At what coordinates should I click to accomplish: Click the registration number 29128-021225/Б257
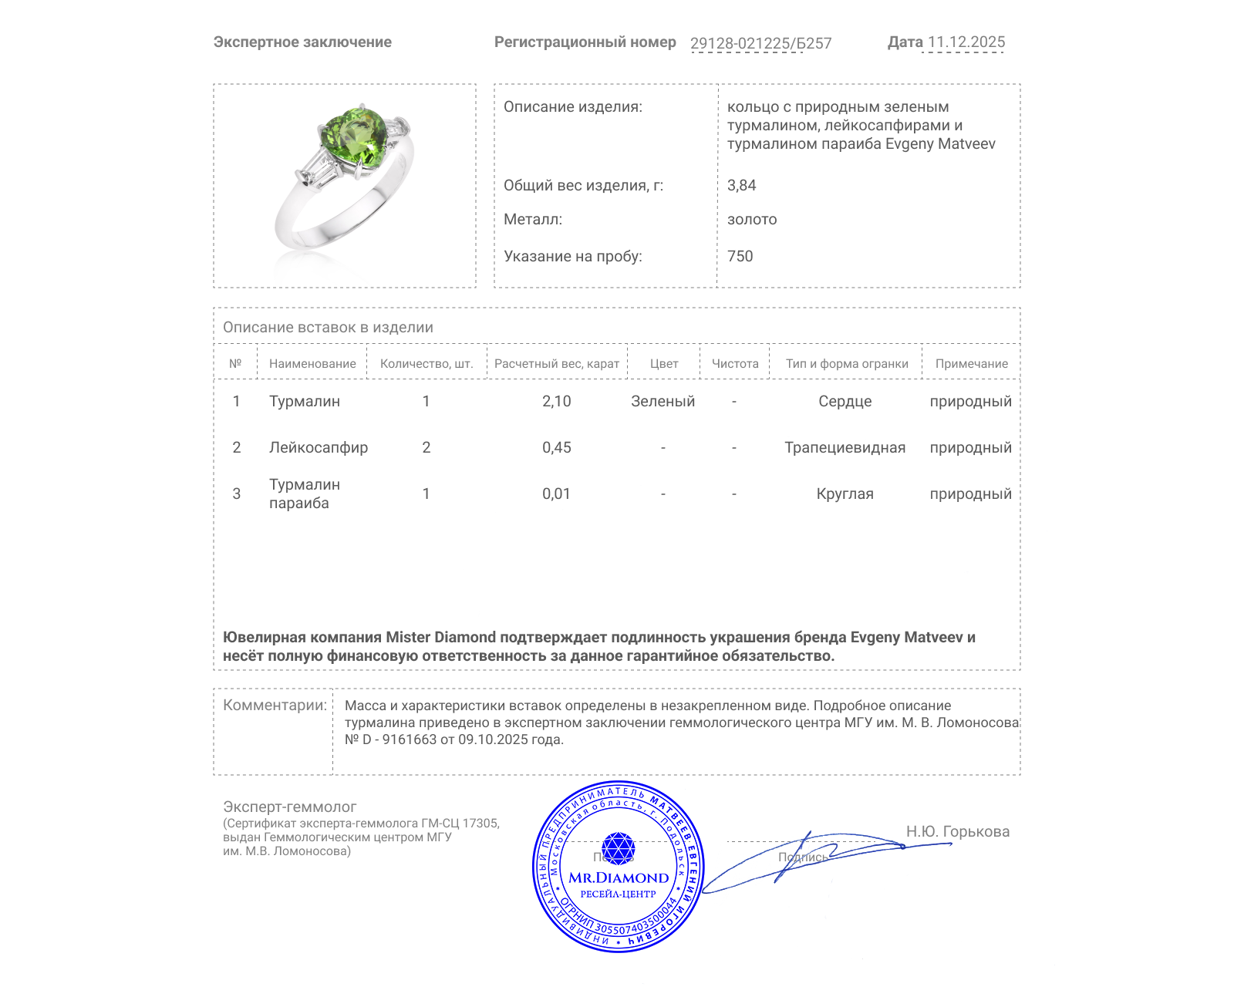point(760,43)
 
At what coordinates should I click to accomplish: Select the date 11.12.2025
point(966,42)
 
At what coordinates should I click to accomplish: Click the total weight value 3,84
point(741,185)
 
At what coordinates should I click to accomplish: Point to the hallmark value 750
point(740,256)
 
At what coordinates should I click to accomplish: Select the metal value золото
point(752,219)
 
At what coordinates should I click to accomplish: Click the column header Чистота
point(735,364)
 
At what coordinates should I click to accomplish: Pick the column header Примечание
point(971,364)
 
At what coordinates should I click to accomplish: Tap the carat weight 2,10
point(556,401)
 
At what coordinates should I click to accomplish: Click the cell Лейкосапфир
point(318,447)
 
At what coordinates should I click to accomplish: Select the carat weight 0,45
point(556,447)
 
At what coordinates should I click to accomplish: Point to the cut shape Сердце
point(845,401)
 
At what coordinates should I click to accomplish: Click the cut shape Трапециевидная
point(845,447)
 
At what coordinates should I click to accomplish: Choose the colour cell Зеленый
point(663,401)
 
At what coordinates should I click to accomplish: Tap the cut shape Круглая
point(845,493)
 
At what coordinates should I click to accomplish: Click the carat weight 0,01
point(556,493)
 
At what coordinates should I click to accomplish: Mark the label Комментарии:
point(275,705)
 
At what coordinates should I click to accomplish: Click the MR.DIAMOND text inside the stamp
point(619,878)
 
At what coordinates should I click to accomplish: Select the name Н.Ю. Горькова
point(957,831)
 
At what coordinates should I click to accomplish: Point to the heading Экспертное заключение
point(302,42)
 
